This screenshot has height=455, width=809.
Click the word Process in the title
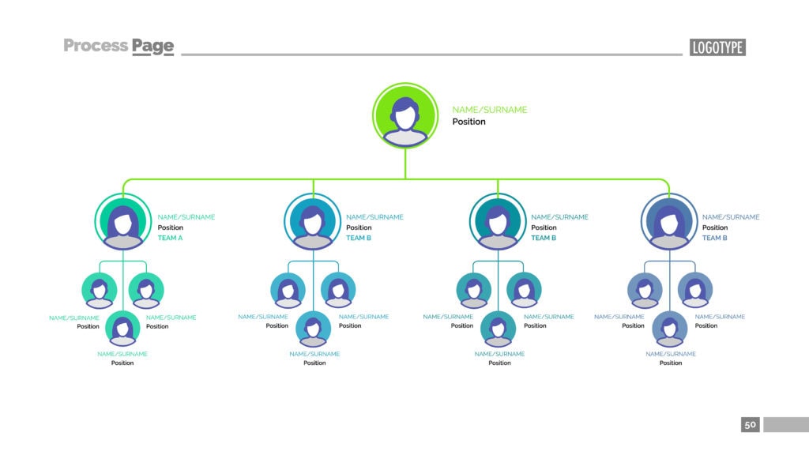pos(95,46)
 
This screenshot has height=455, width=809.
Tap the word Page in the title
pos(152,46)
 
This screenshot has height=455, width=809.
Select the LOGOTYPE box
pos(717,47)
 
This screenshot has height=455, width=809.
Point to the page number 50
pos(750,425)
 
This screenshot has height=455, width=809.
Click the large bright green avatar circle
pos(405,116)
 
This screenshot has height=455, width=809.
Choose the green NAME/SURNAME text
pos(489,110)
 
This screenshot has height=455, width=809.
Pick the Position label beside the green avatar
pos(468,122)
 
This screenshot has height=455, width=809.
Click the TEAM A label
pos(170,238)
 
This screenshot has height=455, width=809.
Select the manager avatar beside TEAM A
pos(123,222)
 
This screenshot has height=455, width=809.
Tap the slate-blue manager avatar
pos(669,222)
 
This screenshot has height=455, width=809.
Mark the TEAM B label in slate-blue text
pos(715,238)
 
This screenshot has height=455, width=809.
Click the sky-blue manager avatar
pos(314,222)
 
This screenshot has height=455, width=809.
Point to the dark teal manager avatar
pos(498,222)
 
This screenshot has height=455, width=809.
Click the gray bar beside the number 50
pos(785,425)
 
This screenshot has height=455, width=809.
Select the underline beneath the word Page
pos(152,56)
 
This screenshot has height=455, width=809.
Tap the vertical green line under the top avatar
pos(405,164)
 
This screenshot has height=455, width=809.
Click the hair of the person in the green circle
pos(405,103)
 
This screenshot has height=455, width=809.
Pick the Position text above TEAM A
pos(171,227)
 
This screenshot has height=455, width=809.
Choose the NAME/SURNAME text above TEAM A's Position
pos(186,217)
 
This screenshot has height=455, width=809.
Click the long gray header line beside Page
pos(431,55)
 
